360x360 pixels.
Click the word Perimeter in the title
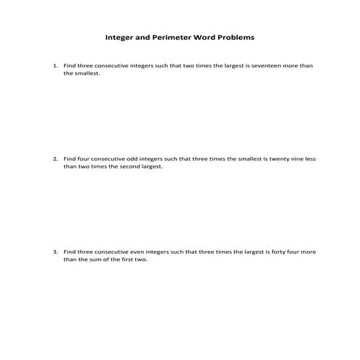point(169,36)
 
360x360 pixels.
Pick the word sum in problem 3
point(94,260)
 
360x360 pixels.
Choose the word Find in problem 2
point(70,159)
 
